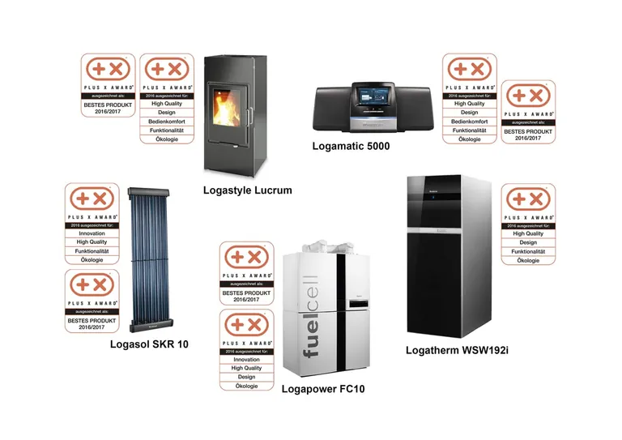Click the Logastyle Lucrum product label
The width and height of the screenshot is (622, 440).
coord(247,190)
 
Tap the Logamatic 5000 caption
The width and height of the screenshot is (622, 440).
coord(351,146)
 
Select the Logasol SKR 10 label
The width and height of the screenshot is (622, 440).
coord(149,344)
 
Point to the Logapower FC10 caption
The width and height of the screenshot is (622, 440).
coord(323,390)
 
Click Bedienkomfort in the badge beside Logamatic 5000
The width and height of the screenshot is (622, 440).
coord(470,121)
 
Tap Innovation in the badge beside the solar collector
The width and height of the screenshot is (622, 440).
coord(92,233)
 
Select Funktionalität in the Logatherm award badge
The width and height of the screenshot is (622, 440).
coord(528,252)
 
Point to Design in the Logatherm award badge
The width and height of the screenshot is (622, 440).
coord(528,242)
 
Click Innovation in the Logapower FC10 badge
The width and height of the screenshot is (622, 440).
coord(246,360)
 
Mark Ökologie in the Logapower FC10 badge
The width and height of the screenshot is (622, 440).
coord(246,386)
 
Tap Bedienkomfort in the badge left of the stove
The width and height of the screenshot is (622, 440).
coord(168,122)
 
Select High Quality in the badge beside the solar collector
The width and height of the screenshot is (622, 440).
coord(92,242)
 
